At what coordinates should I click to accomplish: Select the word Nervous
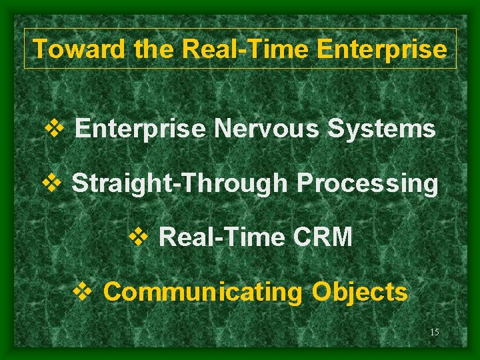pos(266,129)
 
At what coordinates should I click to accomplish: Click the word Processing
pos(367,183)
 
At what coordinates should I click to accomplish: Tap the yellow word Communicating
pos(203,292)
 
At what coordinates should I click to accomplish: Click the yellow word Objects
pos(360,292)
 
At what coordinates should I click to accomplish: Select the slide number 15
pos(434,332)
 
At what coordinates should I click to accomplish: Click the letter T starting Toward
pos(39,49)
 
